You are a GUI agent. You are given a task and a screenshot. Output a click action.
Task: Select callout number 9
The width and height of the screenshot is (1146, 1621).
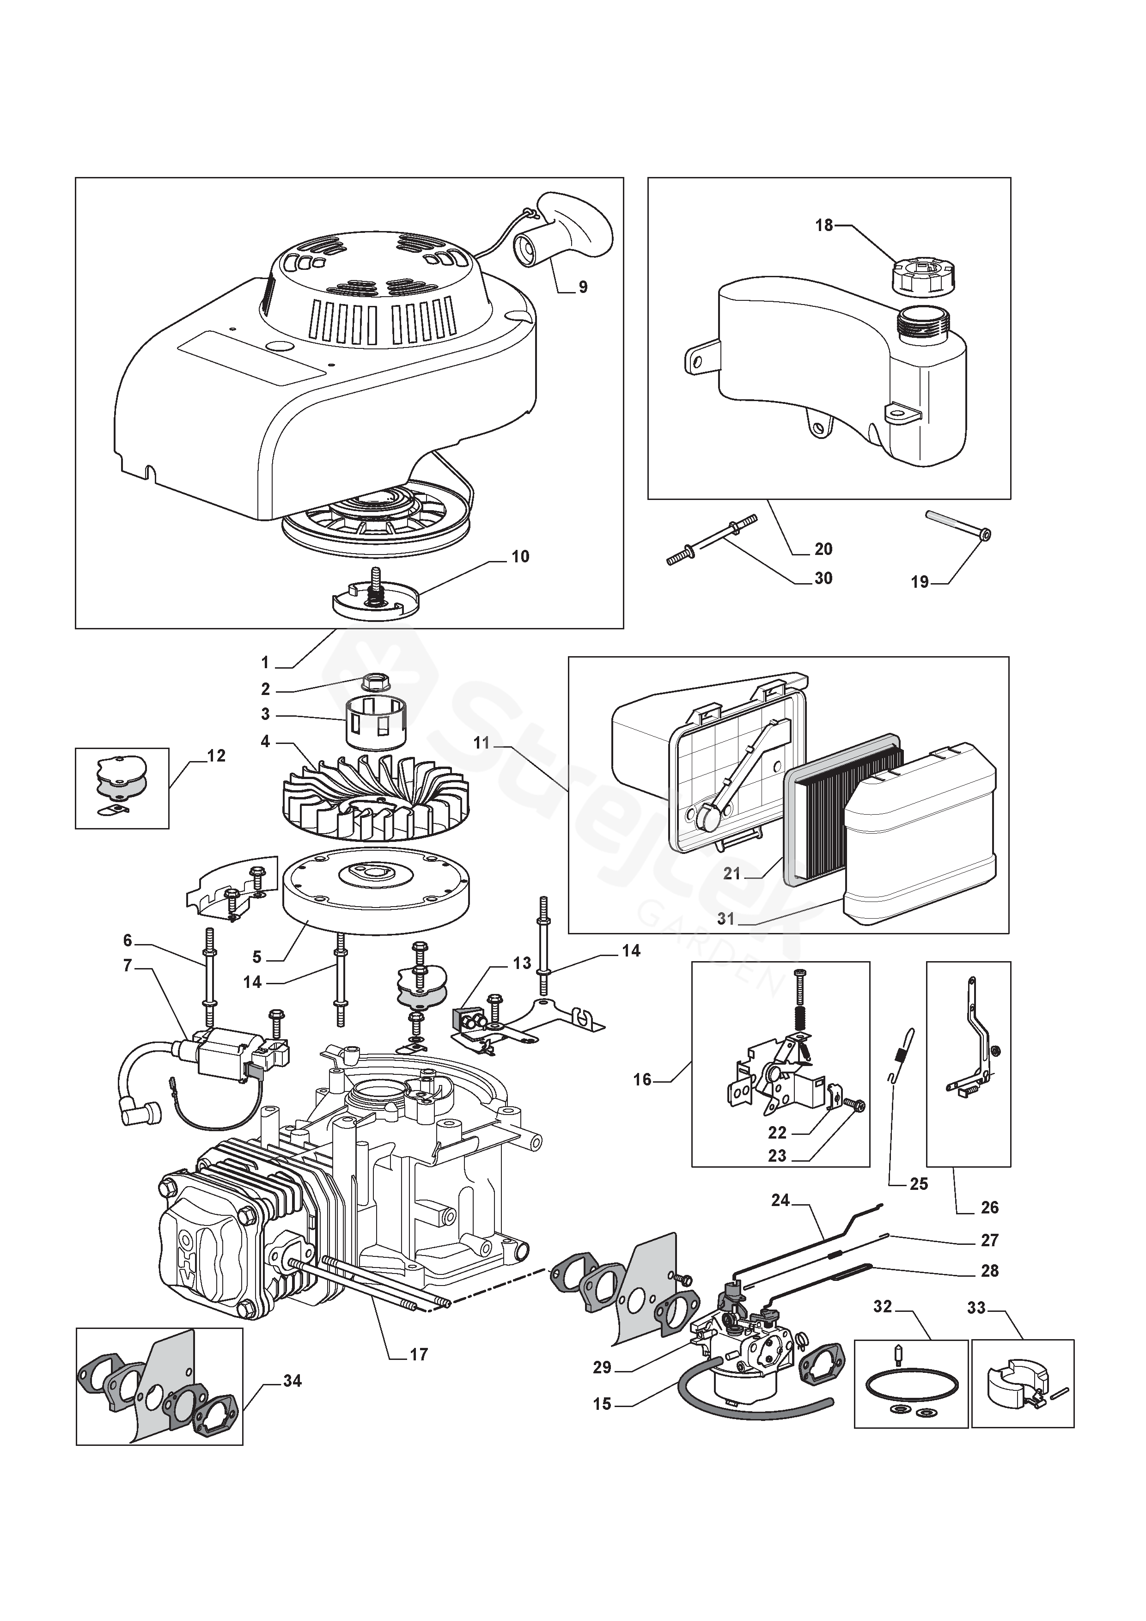point(583,287)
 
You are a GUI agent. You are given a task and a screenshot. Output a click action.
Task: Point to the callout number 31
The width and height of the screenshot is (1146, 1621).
point(726,919)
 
